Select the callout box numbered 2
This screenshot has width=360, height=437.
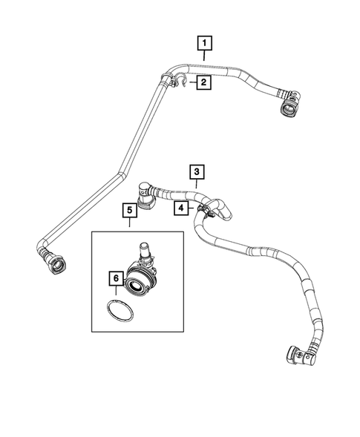coord(202,83)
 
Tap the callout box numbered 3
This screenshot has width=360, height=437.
coord(196,172)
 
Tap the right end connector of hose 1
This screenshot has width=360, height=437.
coord(288,106)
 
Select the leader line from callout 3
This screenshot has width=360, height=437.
coord(196,187)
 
